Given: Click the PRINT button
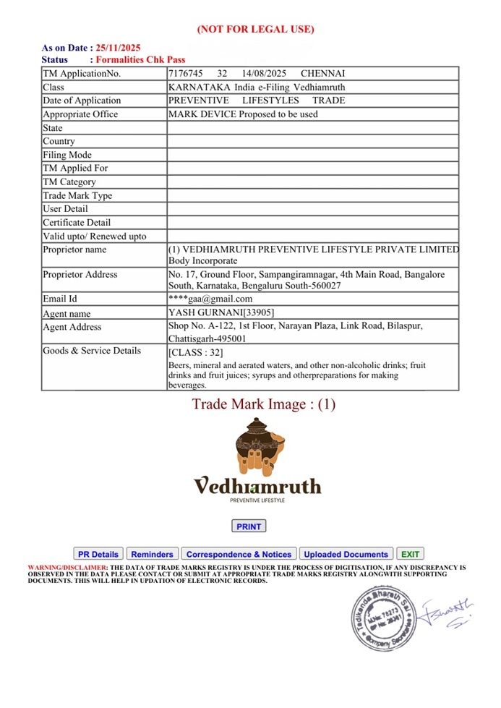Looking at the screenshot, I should point(249,526).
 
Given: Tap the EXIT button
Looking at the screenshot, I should point(411,554).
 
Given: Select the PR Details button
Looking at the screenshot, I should point(98,554).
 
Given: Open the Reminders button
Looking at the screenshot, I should point(152,554).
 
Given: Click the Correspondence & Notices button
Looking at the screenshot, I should point(239,554).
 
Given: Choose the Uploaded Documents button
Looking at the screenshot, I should point(346,554).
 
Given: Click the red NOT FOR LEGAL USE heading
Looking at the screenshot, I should point(256,30).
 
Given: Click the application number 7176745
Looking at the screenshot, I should point(185,74).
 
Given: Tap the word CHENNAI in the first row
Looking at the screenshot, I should point(322,74).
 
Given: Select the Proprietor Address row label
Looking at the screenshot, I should point(80,275).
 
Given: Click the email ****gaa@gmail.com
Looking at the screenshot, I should point(210,299).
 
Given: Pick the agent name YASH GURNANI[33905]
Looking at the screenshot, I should point(220,313).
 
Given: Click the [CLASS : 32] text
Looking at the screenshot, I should point(195,353).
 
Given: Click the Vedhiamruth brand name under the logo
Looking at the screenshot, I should point(257,485).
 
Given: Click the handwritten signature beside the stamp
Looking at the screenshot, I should point(447,612).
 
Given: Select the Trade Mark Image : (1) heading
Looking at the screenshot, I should point(264,404).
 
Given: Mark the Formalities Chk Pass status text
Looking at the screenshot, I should point(141,59).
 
